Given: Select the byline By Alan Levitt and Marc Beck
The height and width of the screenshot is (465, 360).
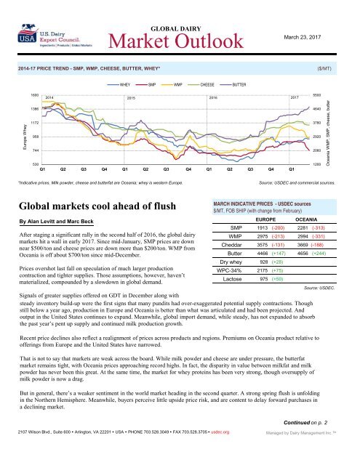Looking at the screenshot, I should (x=67, y=219).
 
